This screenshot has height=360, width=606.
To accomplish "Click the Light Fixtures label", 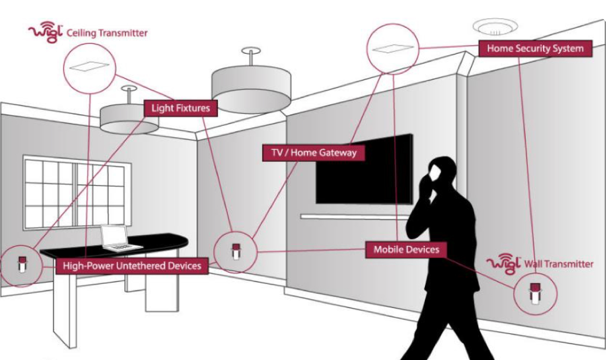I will click(180, 108).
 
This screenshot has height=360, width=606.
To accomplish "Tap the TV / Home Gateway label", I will click(314, 153).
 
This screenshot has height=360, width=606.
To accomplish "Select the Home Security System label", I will click(535, 49).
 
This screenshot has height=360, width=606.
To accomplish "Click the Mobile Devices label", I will click(406, 250).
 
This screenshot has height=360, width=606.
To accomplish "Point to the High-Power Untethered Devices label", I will click(132, 266).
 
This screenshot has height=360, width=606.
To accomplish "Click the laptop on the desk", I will click(119, 238).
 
